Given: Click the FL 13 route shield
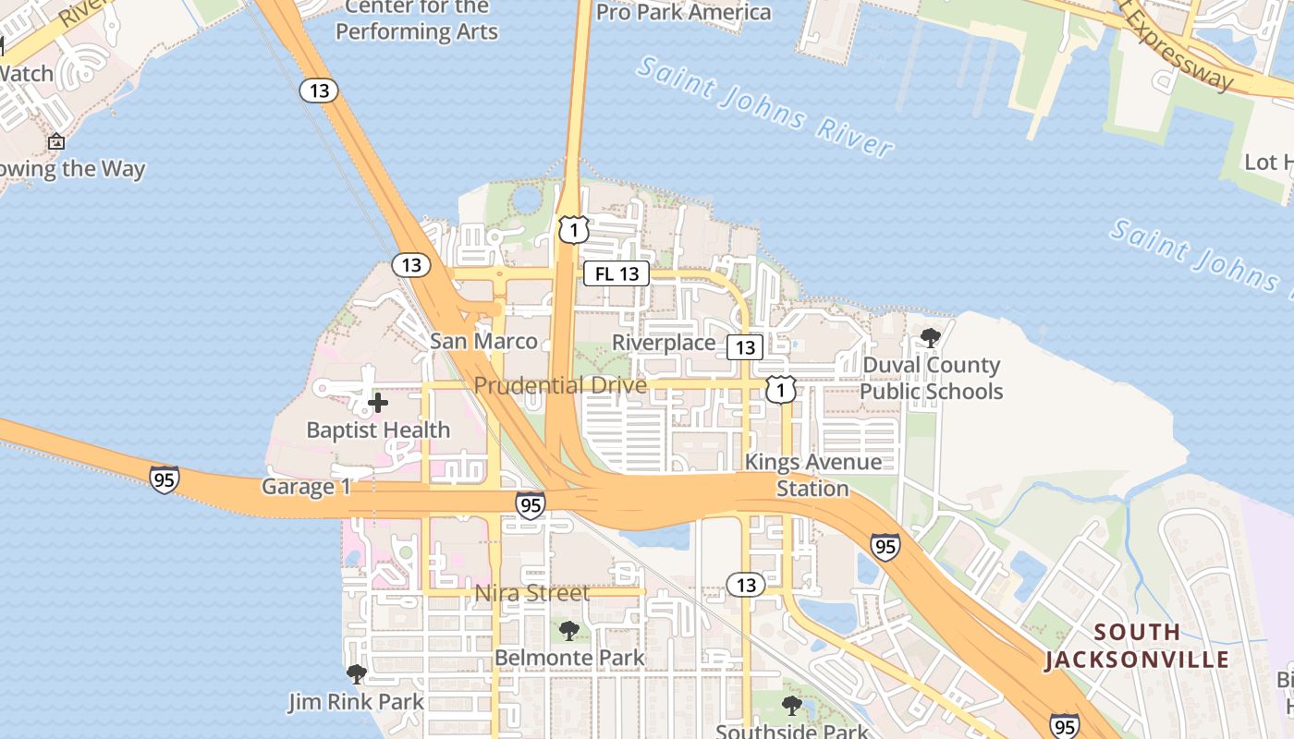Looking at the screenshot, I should pyautogui.click(x=616, y=273).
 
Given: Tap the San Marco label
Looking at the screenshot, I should pyautogui.click(x=483, y=341).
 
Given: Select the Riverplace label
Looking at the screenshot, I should pyautogui.click(x=664, y=343).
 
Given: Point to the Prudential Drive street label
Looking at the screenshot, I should pyautogui.click(x=560, y=384).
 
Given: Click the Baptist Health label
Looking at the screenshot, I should pyautogui.click(x=378, y=430).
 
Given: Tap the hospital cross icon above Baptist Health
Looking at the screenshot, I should pyautogui.click(x=378, y=403).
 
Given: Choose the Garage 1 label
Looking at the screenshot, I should pyautogui.click(x=306, y=487).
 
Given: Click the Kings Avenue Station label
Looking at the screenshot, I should pyautogui.click(x=812, y=475).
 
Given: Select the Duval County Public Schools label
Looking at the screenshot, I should pyautogui.click(x=931, y=378).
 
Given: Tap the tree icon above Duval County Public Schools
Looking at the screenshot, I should pyautogui.click(x=931, y=338).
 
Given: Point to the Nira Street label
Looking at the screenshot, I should pyautogui.click(x=531, y=593).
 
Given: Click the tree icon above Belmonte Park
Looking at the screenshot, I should pyautogui.click(x=569, y=631).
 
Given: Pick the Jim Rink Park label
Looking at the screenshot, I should pyautogui.click(x=356, y=701).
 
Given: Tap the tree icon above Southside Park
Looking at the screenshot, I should pyautogui.click(x=791, y=706).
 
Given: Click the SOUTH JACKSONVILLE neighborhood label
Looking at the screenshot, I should pyautogui.click(x=1137, y=646).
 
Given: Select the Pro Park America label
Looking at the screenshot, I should pyautogui.click(x=683, y=12).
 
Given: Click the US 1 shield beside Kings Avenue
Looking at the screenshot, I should pyautogui.click(x=780, y=390).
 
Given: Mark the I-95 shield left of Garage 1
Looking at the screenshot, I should pyautogui.click(x=165, y=479).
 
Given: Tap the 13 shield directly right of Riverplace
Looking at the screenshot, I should pyautogui.click(x=744, y=347).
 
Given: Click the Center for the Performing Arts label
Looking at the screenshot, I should pyautogui.click(x=416, y=19).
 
